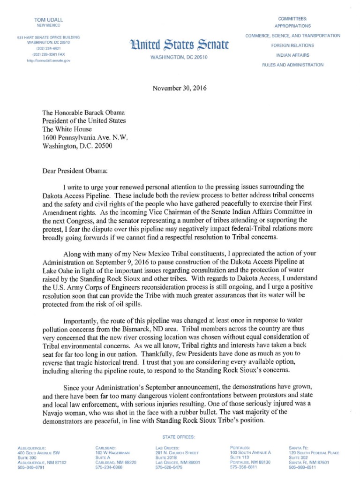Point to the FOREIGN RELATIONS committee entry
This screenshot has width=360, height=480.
(292, 45)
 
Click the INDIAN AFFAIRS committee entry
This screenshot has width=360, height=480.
(292, 55)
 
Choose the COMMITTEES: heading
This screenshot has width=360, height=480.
(292, 18)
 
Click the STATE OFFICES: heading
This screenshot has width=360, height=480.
(180, 437)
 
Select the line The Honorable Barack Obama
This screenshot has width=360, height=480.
(84, 113)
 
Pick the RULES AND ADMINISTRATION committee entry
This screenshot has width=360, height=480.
(292, 65)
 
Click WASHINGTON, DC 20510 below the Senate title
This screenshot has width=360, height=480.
(178, 57)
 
